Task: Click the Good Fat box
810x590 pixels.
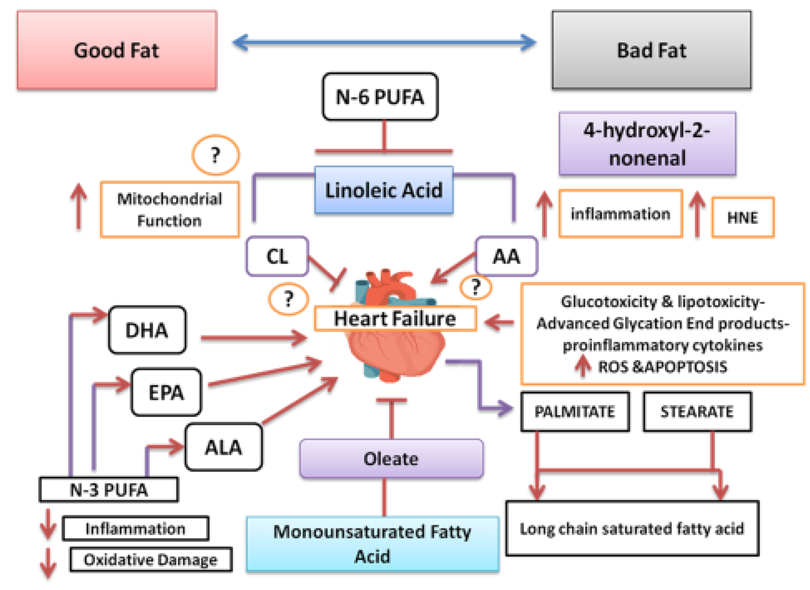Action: coord(117,50)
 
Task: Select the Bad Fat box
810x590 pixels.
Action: coord(652,50)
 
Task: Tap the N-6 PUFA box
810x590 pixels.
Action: coord(380,97)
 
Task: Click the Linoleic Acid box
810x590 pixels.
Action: coord(384,190)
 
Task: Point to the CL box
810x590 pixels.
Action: coord(277,256)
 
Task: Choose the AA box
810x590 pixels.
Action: coord(506,256)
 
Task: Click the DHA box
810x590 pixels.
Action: coord(147,330)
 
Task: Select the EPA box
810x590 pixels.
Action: coord(166,392)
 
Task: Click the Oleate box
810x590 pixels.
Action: coord(391,459)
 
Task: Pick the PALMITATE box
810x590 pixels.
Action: coord(575,412)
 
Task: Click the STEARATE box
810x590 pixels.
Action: coord(697,412)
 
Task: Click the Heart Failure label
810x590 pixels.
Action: coord(395,318)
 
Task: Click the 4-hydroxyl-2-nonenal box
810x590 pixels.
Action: coord(647,144)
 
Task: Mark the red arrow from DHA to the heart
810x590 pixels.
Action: coord(254,338)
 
